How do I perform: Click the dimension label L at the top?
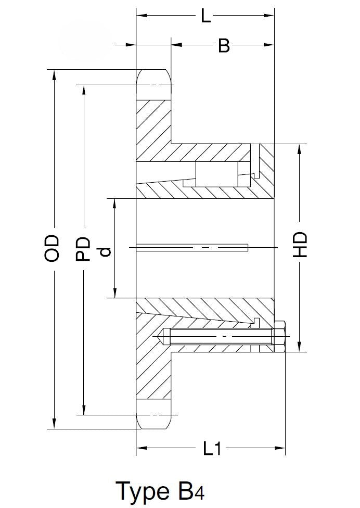click(205, 16)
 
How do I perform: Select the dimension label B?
click(224, 45)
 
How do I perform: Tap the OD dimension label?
click(52, 248)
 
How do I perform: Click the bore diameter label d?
click(105, 252)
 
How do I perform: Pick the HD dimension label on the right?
click(300, 245)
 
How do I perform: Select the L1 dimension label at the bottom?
click(212, 448)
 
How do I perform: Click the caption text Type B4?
click(160, 491)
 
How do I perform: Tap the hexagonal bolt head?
click(279, 337)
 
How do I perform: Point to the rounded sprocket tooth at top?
click(153, 85)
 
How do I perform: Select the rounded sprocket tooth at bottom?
click(153, 414)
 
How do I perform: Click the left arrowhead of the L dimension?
click(142, 15)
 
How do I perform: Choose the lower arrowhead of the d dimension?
click(114, 292)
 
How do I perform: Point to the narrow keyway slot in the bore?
click(192, 248)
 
